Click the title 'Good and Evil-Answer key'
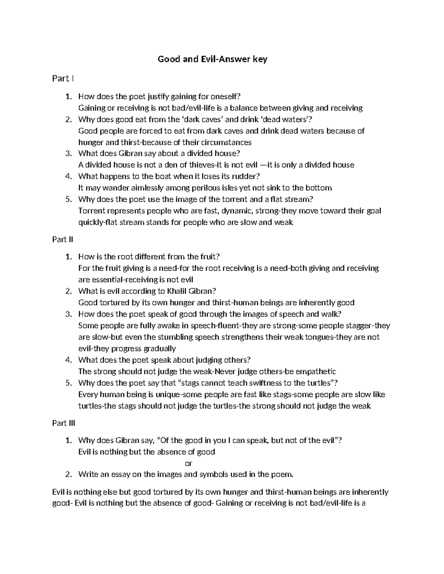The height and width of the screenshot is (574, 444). pos(212,59)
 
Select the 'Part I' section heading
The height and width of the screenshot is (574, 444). pos(63,78)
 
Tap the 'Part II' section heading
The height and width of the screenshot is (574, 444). pos(63,239)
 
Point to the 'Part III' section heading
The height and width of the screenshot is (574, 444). pos(64,423)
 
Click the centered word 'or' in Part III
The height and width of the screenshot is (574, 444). pos(189,463)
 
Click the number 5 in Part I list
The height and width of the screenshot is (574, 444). pos(68,199)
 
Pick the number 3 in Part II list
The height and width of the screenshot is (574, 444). pos(68,314)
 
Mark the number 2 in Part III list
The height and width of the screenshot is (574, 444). pos(68,474)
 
